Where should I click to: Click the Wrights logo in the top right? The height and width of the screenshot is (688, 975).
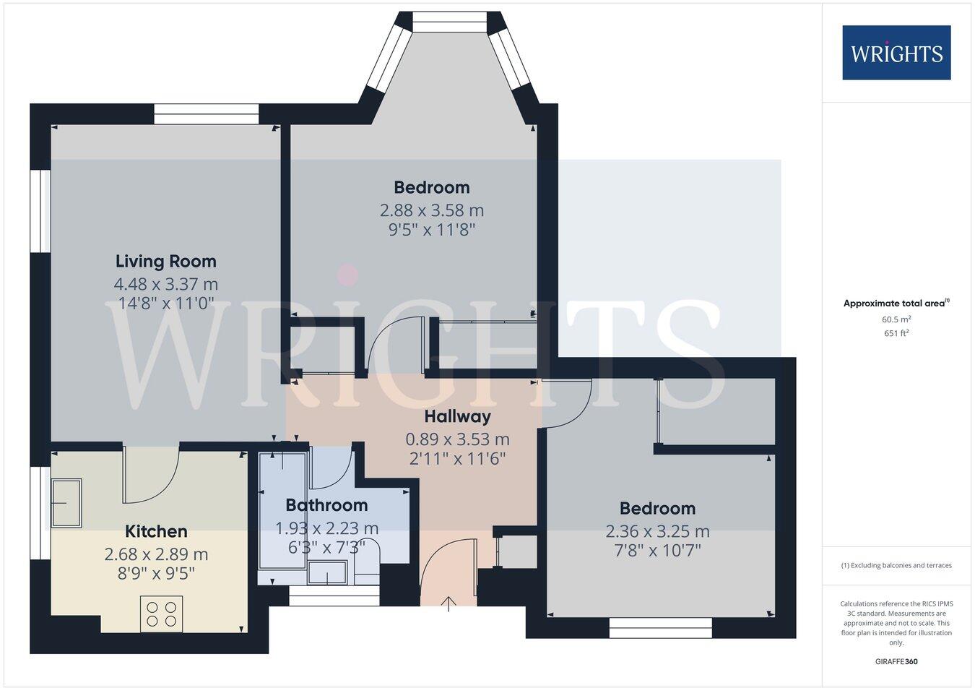coord(896,53)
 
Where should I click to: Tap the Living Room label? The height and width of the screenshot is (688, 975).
coord(166,261)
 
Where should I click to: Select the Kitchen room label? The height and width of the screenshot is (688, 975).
coord(156,531)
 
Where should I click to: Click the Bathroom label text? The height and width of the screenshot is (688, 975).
coord(326,505)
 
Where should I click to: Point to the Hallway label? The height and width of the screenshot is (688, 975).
coord(457,416)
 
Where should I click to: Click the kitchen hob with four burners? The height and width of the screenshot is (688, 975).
coord(161,614)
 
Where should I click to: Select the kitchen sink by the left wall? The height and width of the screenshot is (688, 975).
coord(66,503)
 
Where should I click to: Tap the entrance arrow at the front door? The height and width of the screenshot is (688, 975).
coord(449,603)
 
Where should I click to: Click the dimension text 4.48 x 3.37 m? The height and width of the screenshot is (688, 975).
coord(166,284)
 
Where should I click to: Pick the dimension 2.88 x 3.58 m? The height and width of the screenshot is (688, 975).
coord(432,210)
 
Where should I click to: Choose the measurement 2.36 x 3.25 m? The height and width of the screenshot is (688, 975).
coord(657,531)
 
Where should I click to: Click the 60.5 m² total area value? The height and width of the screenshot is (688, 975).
coord(896,319)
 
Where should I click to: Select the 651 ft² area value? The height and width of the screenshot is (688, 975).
coord(896,333)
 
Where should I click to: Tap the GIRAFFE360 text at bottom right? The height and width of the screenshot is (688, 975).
coord(896,661)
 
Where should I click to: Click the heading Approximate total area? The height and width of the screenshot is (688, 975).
coord(896,304)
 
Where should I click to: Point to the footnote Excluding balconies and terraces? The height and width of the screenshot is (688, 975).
coord(896,565)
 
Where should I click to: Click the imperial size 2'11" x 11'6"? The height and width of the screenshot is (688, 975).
coord(457,458)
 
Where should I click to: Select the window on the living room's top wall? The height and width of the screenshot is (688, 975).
coord(206,113)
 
